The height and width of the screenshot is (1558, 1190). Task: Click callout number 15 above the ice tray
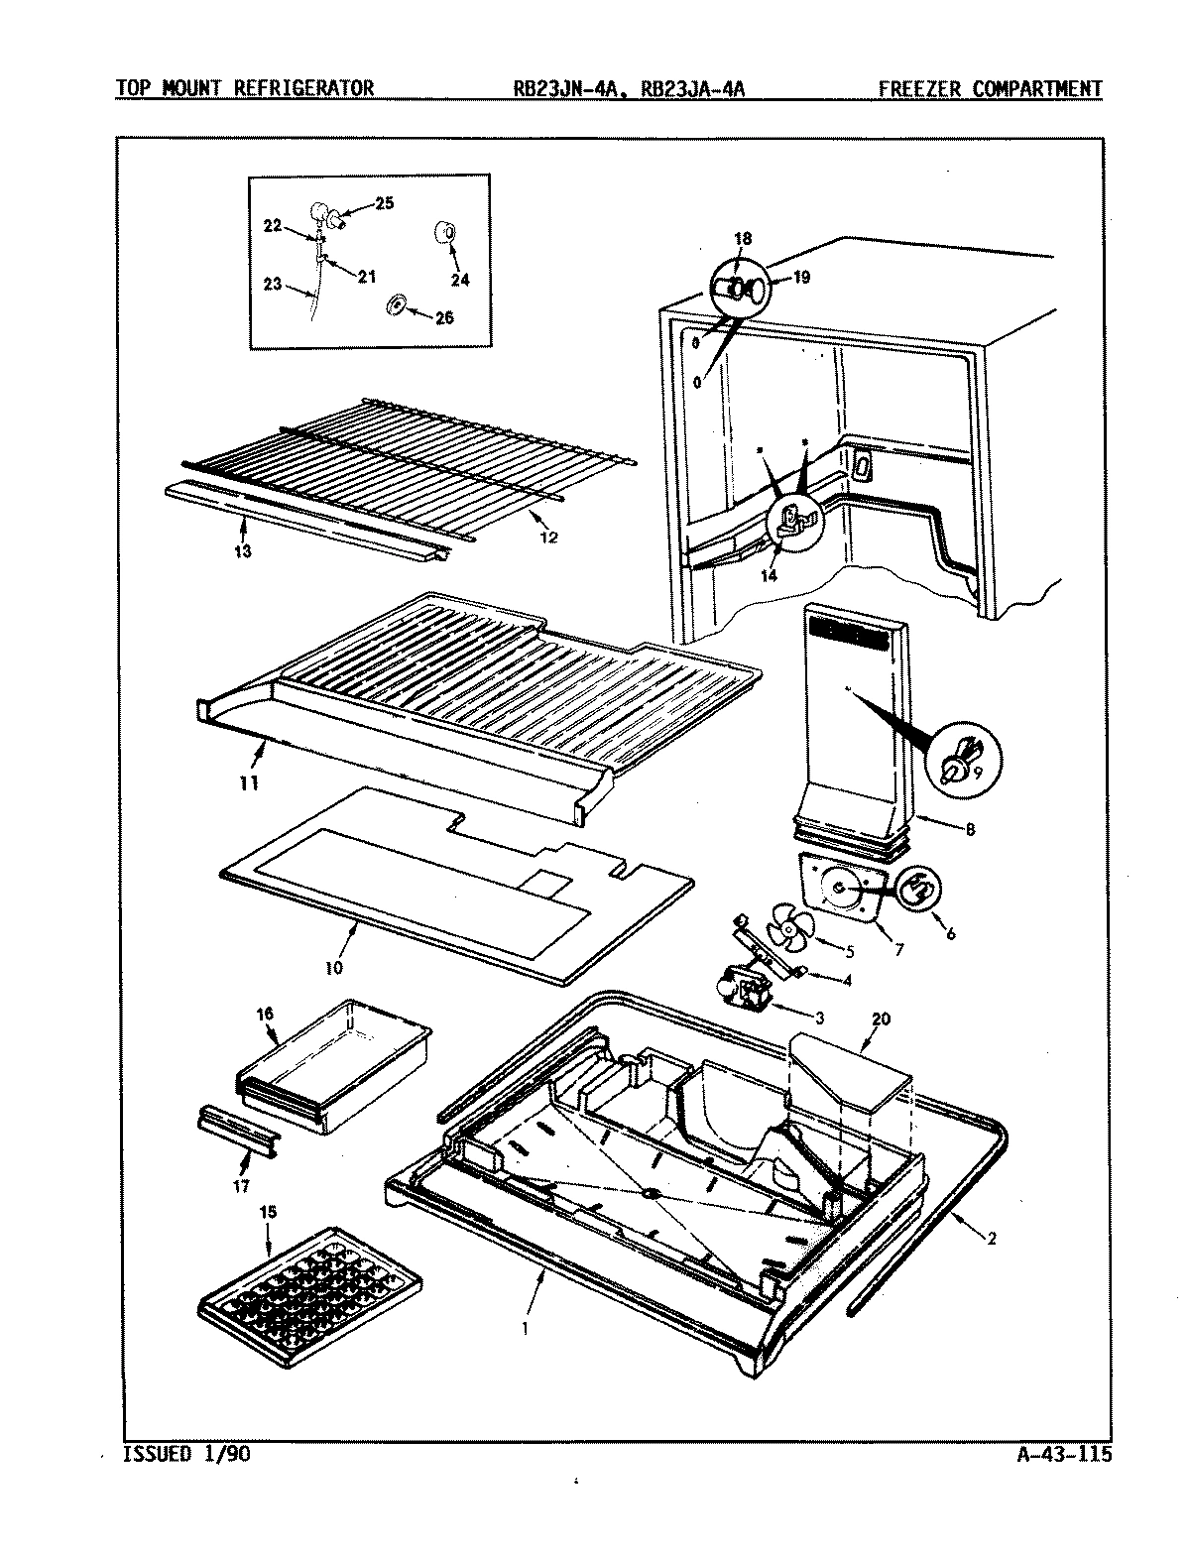(x=267, y=1213)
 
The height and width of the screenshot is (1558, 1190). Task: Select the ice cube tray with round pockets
(x=309, y=1289)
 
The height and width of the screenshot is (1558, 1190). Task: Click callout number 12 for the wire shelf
(x=548, y=538)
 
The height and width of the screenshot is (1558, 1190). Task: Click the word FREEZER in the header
(x=920, y=88)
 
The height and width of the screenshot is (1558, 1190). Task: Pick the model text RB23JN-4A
(x=561, y=88)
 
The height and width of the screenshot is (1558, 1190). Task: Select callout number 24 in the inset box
(x=458, y=280)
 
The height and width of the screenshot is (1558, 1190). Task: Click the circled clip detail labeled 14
(x=794, y=521)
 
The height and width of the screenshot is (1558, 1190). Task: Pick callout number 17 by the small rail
(x=241, y=1184)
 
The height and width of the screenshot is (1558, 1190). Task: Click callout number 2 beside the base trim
(x=993, y=1239)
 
